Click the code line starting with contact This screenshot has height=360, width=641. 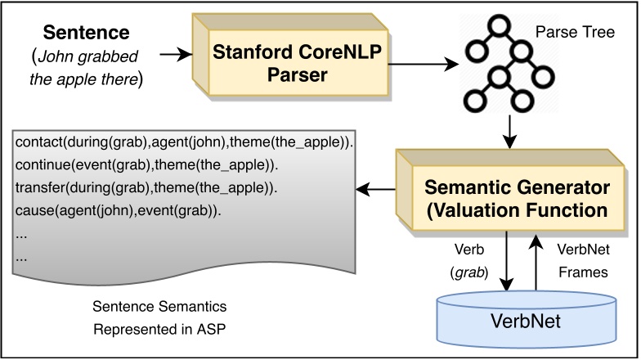click(183, 142)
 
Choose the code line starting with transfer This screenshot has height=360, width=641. click(147, 188)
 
